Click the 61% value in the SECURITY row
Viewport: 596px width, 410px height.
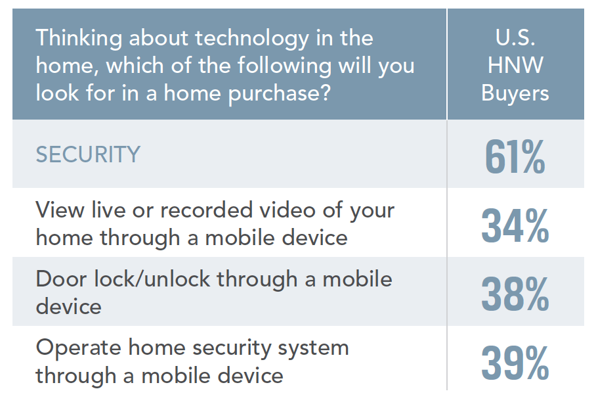click(515, 156)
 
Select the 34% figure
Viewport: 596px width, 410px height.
click(515, 226)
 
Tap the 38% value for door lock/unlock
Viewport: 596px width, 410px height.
click(515, 294)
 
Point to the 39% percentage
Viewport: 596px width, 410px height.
click(515, 363)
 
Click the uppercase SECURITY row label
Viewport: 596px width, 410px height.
click(88, 154)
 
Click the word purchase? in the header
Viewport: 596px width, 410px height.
click(280, 94)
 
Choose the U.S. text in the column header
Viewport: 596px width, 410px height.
click(515, 37)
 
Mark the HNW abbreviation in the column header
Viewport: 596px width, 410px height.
click(515, 65)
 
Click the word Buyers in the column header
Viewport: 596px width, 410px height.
click(515, 93)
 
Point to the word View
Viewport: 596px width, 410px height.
click(60, 210)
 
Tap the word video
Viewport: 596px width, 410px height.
click(287, 210)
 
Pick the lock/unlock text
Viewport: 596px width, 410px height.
click(152, 279)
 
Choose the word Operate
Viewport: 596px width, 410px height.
click(78, 349)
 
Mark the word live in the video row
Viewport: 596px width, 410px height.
click(109, 210)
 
